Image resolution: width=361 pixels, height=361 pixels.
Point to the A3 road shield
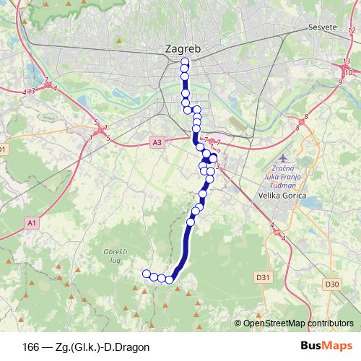tap(157, 143)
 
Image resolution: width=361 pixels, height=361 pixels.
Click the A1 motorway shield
tap(31, 224)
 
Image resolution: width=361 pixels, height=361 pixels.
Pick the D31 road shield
tap(264, 277)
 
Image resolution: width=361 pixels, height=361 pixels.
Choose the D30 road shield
tap(332, 284)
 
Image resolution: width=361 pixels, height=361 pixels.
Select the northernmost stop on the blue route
tap(185, 61)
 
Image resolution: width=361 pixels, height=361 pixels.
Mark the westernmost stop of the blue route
tap(147, 274)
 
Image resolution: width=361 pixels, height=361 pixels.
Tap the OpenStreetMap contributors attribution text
tap(297, 323)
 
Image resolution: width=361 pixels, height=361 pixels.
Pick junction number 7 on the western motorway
tap(46, 80)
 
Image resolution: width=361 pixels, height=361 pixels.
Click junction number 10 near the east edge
tap(348, 73)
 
